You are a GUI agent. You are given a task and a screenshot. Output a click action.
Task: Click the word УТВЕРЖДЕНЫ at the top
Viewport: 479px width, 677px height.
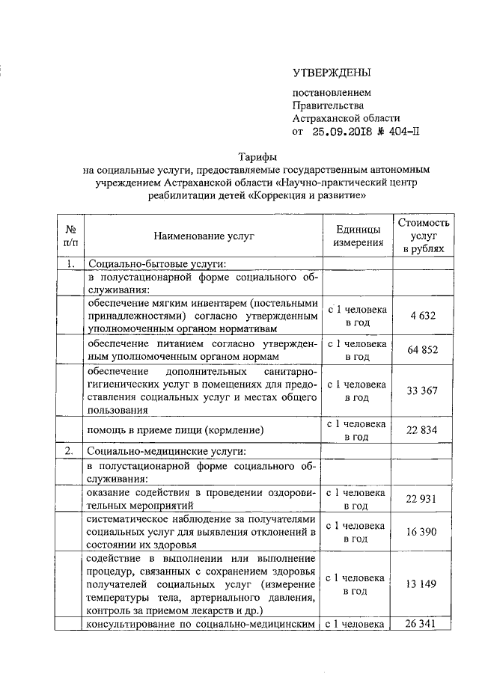pos(331,73)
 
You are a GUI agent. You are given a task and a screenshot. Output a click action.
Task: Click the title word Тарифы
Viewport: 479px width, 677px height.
pos(257,158)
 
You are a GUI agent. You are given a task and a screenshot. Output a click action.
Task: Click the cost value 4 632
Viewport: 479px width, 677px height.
pos(424,316)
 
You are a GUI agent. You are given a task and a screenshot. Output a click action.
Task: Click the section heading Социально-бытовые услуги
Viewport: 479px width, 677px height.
pos(157,263)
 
